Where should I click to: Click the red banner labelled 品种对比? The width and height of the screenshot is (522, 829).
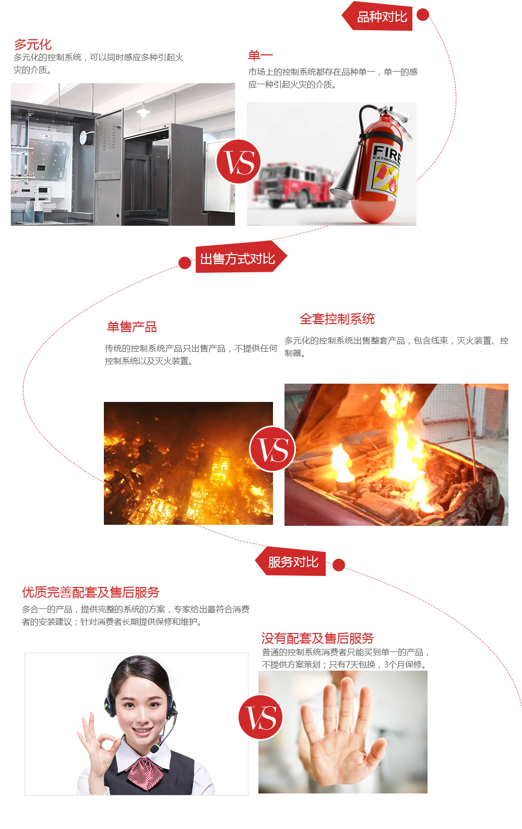[x=381, y=17]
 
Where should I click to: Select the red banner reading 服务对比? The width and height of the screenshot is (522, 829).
[x=292, y=562]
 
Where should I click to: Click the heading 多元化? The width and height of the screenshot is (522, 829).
[x=33, y=44]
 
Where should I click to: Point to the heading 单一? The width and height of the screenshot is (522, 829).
[x=260, y=55]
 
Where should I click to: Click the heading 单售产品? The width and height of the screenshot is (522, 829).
[x=132, y=327]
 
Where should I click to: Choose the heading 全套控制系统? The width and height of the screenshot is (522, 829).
[x=337, y=319]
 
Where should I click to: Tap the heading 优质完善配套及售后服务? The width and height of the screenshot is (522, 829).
[x=90, y=592]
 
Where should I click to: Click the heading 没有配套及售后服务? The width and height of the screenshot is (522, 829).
[x=317, y=638]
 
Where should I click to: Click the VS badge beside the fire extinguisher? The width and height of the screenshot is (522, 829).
[x=239, y=162]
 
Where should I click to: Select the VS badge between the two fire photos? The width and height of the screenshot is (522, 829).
[x=272, y=449]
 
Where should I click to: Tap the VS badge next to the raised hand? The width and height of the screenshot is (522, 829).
[x=261, y=717]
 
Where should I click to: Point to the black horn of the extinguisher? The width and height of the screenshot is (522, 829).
[x=347, y=172]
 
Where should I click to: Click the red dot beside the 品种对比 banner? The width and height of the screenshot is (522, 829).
[x=423, y=15]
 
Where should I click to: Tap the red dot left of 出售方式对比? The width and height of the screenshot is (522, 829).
[x=184, y=262]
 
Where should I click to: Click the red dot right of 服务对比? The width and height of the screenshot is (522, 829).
[x=338, y=565]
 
